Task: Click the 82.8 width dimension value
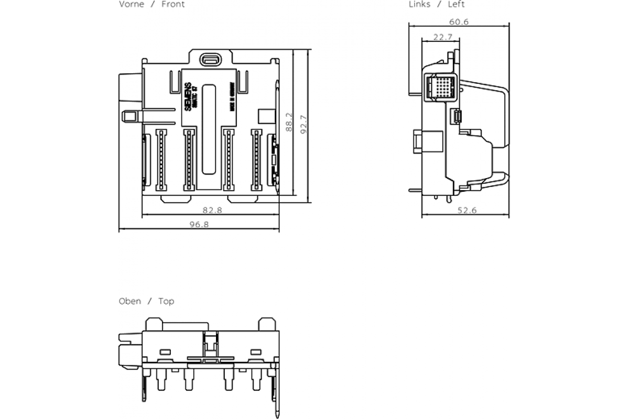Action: [213, 210]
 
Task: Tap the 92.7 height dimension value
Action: [303, 125]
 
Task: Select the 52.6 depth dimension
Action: [467, 211]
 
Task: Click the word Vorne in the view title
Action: [132, 5]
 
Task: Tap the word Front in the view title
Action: [173, 5]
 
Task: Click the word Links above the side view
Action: [419, 5]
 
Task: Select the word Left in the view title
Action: [456, 5]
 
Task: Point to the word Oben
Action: [130, 301]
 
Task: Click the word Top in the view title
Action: [166, 301]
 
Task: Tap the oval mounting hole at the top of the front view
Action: [211, 59]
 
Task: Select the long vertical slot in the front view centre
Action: [209, 128]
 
